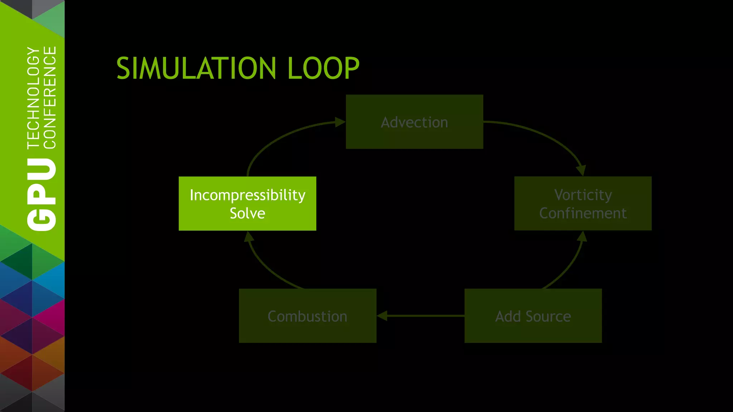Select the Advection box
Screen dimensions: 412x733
(x=414, y=122)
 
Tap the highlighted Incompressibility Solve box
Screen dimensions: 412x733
(x=247, y=203)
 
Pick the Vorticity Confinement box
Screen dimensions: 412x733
(x=583, y=203)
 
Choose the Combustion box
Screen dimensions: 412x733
(x=307, y=316)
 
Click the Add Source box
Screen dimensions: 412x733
(x=533, y=316)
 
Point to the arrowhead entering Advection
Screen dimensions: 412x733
(x=340, y=122)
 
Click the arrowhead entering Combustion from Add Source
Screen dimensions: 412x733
(x=382, y=316)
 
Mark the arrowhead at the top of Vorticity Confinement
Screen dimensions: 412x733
(x=581, y=170)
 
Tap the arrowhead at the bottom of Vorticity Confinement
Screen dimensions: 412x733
(x=582, y=236)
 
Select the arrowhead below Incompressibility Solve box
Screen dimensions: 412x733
(x=249, y=237)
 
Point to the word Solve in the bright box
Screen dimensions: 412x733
(x=247, y=213)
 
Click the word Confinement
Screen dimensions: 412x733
(x=583, y=213)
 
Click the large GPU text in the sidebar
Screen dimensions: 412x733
(x=42, y=195)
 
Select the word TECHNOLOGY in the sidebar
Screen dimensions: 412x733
(x=33, y=97)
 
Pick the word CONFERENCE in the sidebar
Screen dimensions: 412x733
(x=50, y=97)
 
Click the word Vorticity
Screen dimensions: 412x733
(x=583, y=195)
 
